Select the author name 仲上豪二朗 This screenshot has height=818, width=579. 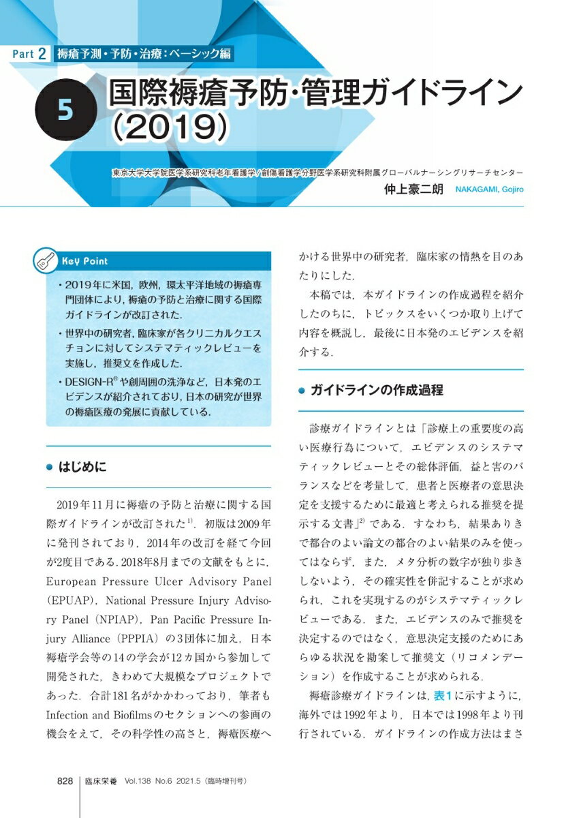(415, 190)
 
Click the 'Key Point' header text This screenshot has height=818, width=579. (84, 261)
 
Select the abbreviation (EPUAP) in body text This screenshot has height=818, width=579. (72, 603)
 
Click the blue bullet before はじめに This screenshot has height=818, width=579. (48, 468)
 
